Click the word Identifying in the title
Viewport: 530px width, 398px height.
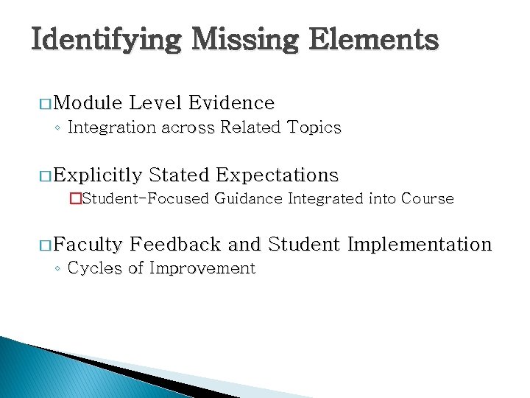pyautogui.click(x=106, y=39)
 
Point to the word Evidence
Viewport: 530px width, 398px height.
pyautogui.click(x=231, y=102)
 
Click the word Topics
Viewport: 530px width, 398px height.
pyautogui.click(x=314, y=128)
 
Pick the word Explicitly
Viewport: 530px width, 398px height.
pyautogui.click(x=97, y=175)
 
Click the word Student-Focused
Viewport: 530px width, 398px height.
pyautogui.click(x=145, y=198)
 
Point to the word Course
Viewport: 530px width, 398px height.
pyautogui.click(x=427, y=198)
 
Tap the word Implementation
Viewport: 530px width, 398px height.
pyautogui.click(x=419, y=244)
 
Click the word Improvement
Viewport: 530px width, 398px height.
pyautogui.click(x=202, y=268)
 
